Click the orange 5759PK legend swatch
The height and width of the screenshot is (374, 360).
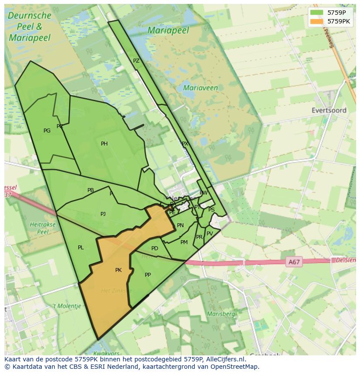click(317, 21)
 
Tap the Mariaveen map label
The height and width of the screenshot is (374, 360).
click(200, 88)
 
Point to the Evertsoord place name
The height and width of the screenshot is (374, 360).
click(329, 110)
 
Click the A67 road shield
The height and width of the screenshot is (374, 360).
click(294, 262)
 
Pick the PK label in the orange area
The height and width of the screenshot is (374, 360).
click(118, 270)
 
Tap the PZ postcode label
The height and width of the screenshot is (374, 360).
click(136, 61)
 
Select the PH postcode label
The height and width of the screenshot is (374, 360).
click(104, 144)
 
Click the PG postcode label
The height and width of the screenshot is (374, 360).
click(47, 131)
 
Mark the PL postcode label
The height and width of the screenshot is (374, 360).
click(81, 248)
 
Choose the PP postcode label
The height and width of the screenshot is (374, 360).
click(148, 275)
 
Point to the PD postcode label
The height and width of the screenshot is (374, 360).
click(155, 248)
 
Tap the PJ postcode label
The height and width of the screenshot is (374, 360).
click(103, 214)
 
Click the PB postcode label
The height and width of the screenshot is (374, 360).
click(90, 190)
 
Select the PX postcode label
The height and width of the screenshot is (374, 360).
click(185, 143)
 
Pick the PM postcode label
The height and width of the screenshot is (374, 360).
click(184, 242)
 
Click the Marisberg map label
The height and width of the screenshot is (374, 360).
click(221, 314)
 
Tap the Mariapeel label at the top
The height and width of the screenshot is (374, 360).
click(168, 30)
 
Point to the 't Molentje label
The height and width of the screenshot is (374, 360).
click(67, 306)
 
